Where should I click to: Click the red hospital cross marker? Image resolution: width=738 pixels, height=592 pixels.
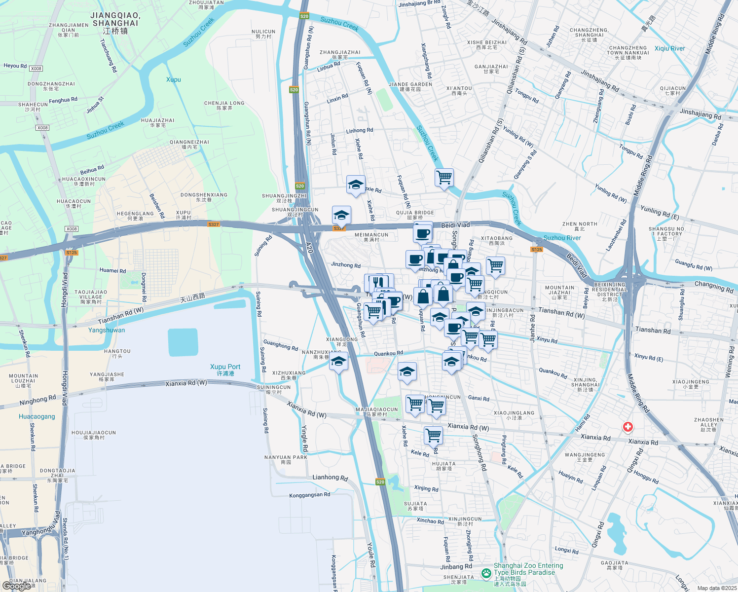point(627,427)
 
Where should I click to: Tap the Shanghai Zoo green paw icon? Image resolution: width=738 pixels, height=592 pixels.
point(486,573)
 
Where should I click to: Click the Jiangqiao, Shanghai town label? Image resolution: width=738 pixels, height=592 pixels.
point(115,23)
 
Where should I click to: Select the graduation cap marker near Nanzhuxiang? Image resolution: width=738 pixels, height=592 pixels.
point(338,362)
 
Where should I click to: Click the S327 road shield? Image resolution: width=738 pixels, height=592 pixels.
point(214,224)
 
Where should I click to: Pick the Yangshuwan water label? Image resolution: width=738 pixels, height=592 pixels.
point(107,330)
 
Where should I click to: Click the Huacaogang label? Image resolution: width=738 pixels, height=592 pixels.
point(37,416)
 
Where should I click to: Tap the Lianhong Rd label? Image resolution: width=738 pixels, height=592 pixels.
point(330,478)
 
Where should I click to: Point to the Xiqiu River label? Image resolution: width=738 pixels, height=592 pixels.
point(669,48)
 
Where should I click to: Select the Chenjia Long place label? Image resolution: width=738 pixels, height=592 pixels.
point(224,105)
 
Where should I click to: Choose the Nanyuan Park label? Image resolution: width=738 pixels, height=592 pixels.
point(286,459)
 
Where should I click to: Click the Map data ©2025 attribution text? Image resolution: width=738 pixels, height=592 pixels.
point(717,588)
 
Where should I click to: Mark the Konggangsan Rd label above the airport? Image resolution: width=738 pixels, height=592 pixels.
point(309,495)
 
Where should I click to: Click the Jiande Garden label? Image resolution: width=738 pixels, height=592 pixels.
point(410,86)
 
